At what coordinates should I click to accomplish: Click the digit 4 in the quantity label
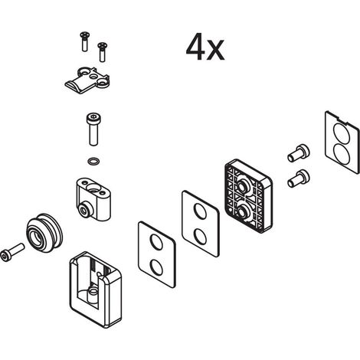[195, 46]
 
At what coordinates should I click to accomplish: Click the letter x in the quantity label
[216, 51]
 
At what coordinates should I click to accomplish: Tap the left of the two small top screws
[85, 41]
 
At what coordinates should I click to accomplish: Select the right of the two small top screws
[102, 52]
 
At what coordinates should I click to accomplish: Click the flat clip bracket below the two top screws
[87, 80]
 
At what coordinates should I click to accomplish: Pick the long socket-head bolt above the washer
[93, 129]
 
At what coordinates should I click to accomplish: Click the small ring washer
[93, 162]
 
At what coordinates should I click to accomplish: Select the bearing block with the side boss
[93, 199]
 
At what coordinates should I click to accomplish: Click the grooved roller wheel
[44, 233]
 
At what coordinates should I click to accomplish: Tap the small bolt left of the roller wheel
[12, 253]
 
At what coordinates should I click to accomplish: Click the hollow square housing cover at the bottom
[95, 290]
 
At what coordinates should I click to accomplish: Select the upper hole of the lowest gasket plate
[156, 241]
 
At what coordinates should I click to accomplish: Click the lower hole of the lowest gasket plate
[156, 267]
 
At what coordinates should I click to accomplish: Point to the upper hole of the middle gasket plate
[200, 211]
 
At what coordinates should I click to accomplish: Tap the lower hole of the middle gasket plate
[201, 236]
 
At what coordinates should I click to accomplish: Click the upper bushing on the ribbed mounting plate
[243, 186]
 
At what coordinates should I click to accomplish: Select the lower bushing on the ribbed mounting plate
[243, 211]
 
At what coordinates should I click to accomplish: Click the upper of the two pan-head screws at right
[299, 153]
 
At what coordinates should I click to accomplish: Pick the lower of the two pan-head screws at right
[299, 178]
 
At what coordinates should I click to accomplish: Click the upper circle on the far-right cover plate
[342, 133]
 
